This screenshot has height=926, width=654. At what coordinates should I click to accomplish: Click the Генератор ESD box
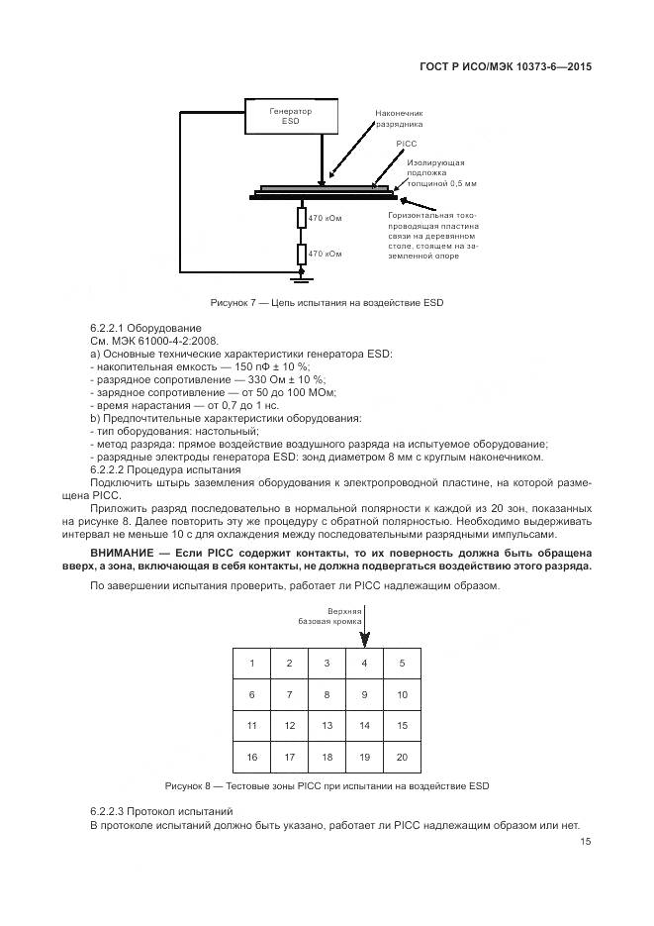pos(290,119)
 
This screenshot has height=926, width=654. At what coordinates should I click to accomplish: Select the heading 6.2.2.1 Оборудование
pos(145,328)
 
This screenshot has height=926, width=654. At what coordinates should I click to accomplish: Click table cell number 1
pos(251,664)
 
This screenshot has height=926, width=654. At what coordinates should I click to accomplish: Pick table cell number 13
pos(327,726)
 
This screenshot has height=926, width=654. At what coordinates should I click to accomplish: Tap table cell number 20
pos(402,758)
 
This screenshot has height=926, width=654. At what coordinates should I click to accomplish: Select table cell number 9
pos(364,695)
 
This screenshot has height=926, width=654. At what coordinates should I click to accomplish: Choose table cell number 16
pos(251,758)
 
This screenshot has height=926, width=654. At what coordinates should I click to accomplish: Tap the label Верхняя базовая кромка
pos(324,616)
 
